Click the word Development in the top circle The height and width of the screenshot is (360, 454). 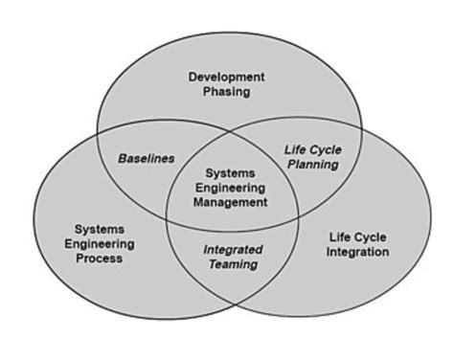pos(226,77)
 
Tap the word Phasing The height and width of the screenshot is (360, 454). pos(226,92)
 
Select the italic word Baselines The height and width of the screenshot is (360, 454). pos(147,158)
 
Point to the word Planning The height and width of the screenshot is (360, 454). pos(313,165)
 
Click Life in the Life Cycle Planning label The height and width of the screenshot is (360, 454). pos(294,149)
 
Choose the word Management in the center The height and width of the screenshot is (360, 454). pos(230,202)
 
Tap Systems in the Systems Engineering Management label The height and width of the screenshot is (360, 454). pos(230,173)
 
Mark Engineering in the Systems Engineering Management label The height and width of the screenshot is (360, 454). pos(230,188)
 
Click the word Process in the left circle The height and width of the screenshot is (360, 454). pos(99,259)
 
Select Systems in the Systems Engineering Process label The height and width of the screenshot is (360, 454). pos(99,229)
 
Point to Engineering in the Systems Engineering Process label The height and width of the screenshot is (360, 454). pos(99,244)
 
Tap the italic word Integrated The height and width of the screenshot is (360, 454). pos(233,250)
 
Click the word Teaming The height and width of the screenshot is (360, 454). pos(233,264)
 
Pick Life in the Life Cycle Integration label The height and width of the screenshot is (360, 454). pos(340,236)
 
